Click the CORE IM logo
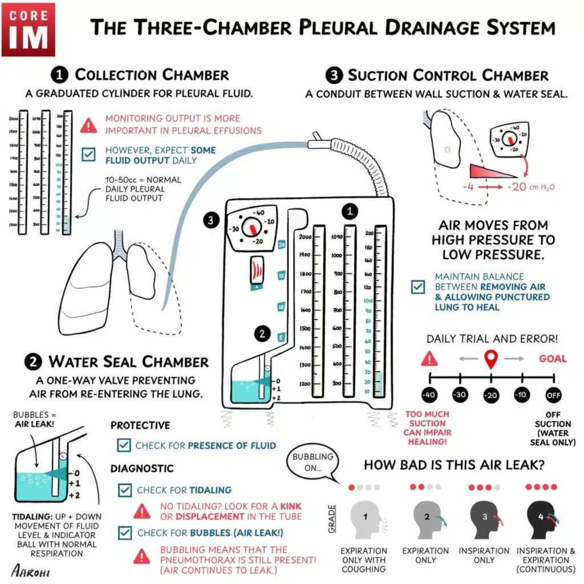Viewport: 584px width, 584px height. point(29,29)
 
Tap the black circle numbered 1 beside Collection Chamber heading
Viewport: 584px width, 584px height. point(59,75)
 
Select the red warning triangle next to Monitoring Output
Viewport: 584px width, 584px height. point(88,125)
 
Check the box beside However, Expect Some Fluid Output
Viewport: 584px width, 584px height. point(88,155)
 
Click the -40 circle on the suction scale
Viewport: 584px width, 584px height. point(429,395)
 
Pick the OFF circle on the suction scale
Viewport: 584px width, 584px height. point(553,395)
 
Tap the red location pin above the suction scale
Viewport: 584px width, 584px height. point(490,359)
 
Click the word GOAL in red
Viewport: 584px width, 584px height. point(553,359)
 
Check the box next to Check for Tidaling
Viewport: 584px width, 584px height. point(124,490)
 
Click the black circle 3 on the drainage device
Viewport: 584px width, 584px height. point(212,220)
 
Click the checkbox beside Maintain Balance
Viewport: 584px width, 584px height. point(418,286)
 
